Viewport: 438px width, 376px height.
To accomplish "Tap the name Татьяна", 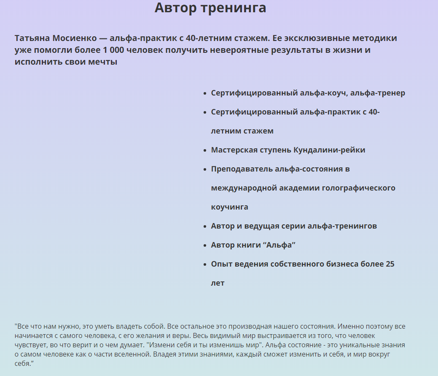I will tap(32, 38).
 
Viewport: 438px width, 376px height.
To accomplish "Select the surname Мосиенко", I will tap(74, 38).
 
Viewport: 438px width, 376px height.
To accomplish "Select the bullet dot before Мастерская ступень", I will tap(204, 150).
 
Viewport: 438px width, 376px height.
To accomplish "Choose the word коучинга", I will tap(229, 207).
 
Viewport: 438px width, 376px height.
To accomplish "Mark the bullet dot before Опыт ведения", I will tap(204, 264).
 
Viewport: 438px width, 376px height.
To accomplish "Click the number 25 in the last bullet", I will tap(390, 264).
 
